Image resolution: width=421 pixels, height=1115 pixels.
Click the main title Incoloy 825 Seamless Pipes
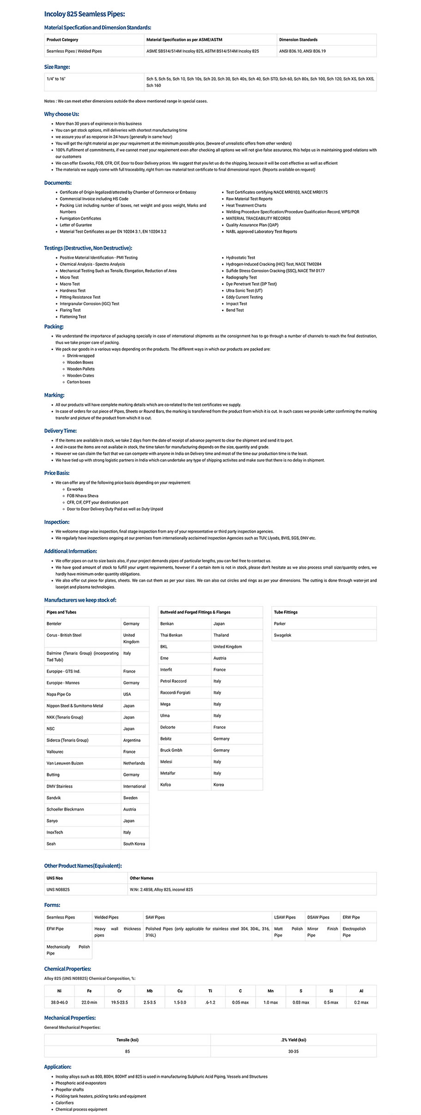(x=85, y=14)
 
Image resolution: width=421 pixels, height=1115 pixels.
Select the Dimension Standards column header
(x=298, y=40)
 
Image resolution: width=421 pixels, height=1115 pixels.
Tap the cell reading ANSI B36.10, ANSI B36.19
(x=302, y=51)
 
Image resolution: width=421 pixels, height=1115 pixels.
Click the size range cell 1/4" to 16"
(x=56, y=79)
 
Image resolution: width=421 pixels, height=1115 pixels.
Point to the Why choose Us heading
(x=61, y=114)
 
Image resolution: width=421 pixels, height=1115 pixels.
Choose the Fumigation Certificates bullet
(x=80, y=218)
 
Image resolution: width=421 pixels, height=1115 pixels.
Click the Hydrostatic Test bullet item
(x=240, y=258)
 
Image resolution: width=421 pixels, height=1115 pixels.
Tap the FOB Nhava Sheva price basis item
(x=82, y=496)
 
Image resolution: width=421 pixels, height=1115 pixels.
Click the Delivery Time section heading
(x=61, y=431)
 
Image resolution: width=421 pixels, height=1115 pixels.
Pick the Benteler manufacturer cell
(x=54, y=624)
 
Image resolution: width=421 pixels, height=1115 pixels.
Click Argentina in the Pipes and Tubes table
(x=132, y=740)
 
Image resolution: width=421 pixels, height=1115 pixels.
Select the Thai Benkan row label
(x=171, y=635)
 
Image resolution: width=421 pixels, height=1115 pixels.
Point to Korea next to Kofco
(x=219, y=785)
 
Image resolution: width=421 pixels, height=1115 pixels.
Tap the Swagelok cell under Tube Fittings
(x=283, y=635)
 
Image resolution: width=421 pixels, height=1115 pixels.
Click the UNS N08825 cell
(x=58, y=889)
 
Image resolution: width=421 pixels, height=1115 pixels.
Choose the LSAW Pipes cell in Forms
(x=285, y=917)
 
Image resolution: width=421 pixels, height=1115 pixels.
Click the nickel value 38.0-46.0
(x=59, y=1002)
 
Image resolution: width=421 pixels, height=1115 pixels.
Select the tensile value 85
(x=128, y=1051)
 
